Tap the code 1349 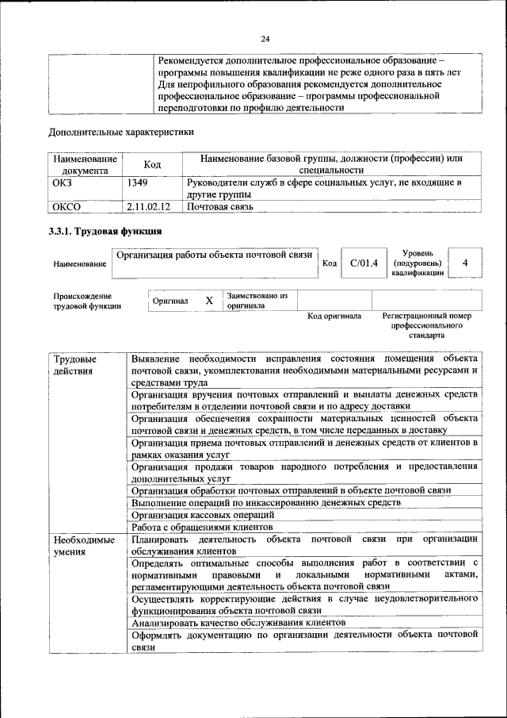click(x=137, y=183)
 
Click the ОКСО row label click(x=67, y=208)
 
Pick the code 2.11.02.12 click(x=149, y=208)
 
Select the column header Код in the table click(x=152, y=164)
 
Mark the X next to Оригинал click(x=209, y=301)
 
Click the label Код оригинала click(x=334, y=317)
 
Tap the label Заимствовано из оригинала click(x=257, y=300)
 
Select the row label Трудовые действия click(x=70, y=364)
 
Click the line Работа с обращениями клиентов click(x=202, y=527)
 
